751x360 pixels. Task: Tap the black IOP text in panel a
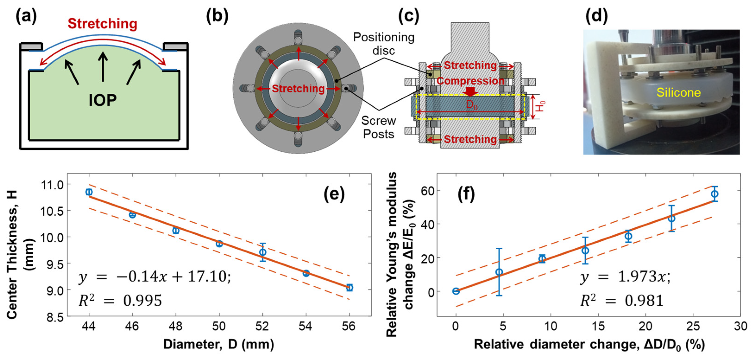(x=102, y=100)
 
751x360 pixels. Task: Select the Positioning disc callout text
(x=384, y=44)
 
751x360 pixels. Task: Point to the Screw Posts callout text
(x=379, y=127)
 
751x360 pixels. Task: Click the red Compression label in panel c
(x=470, y=81)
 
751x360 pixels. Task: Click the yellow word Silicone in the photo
(x=679, y=93)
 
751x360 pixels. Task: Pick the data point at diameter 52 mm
(x=263, y=252)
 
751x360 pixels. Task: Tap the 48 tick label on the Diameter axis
(x=176, y=326)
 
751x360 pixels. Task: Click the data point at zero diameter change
(x=456, y=291)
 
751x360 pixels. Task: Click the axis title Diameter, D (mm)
(x=219, y=344)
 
